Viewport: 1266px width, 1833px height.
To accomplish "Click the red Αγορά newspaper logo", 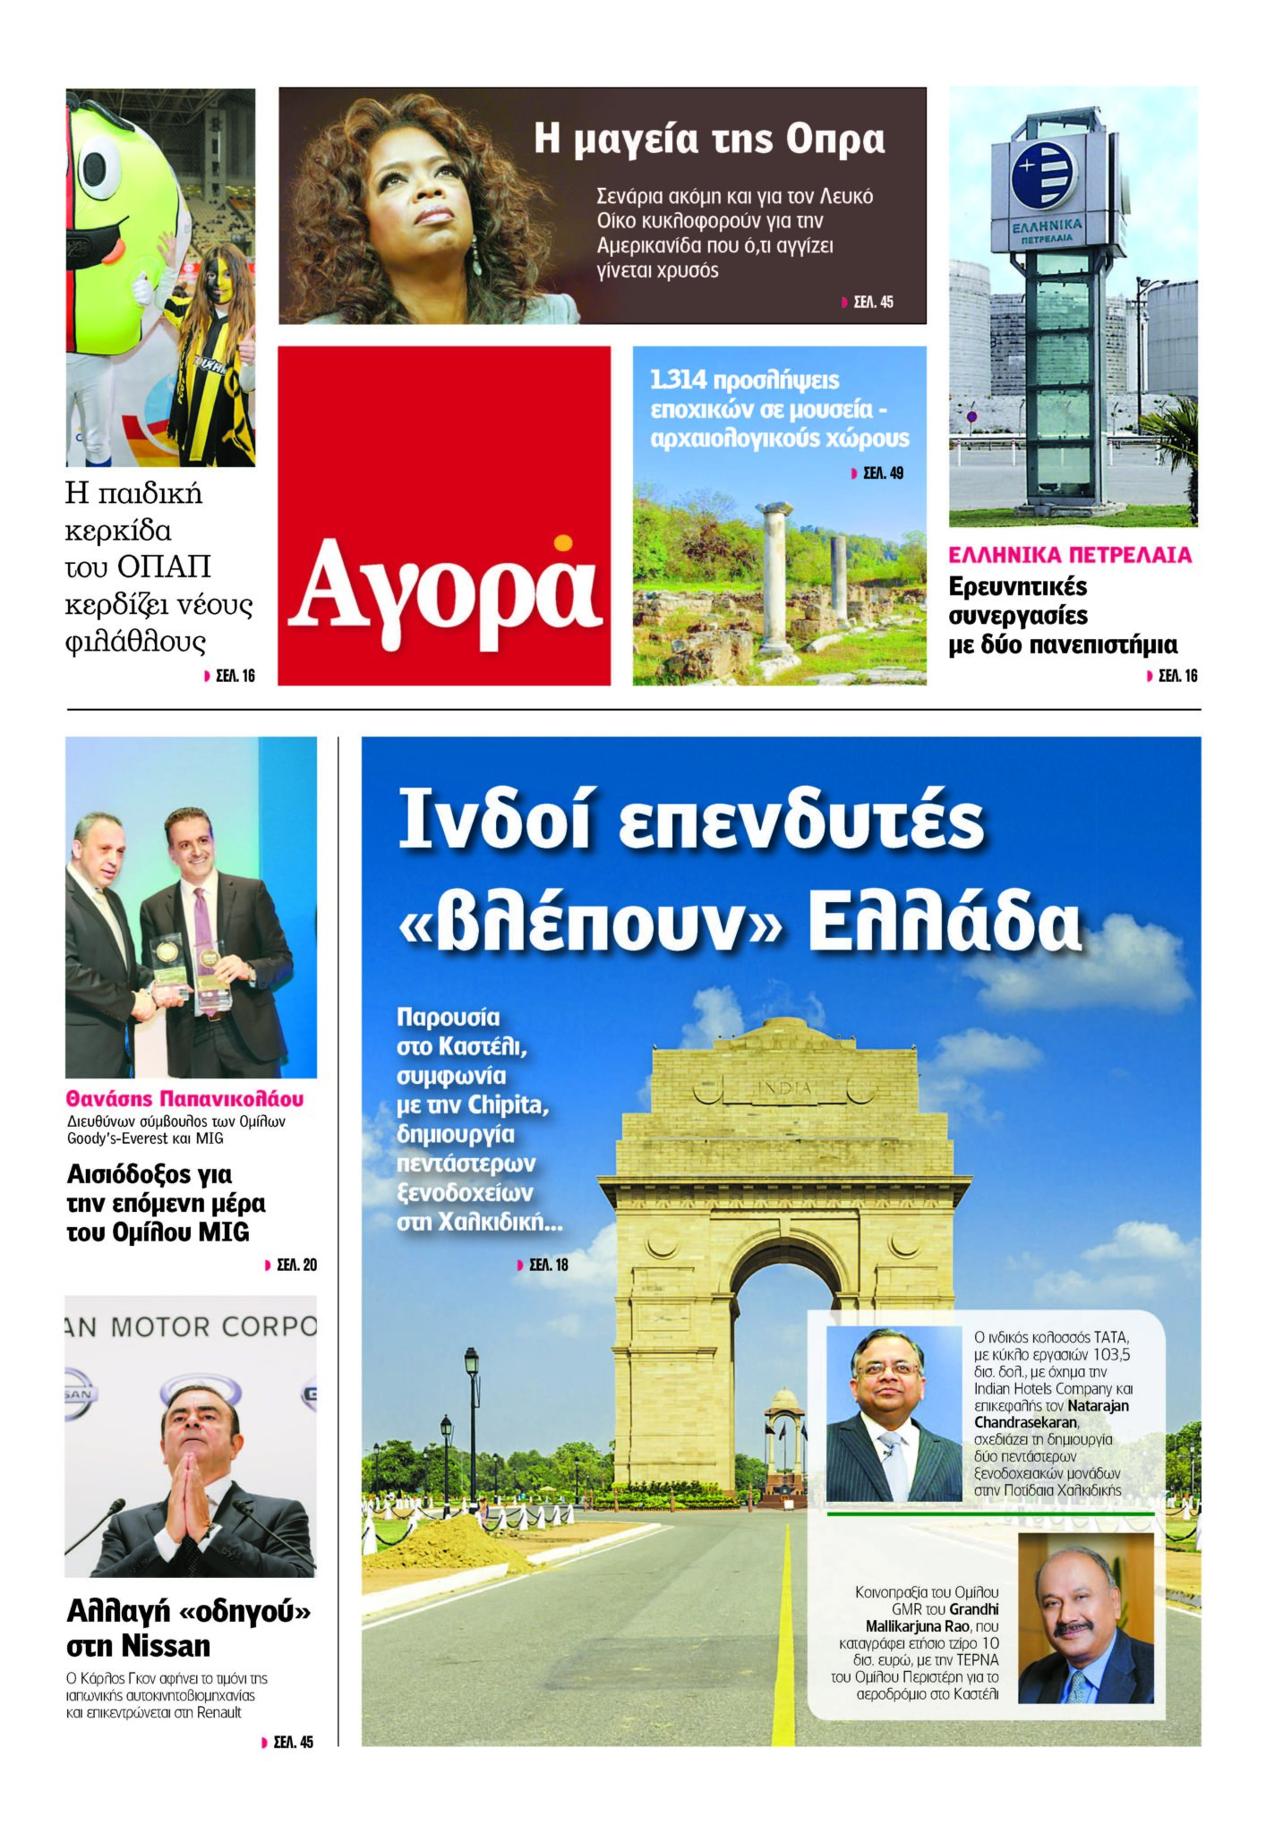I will [x=445, y=592].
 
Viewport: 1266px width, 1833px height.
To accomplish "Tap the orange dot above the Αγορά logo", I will [x=562, y=542].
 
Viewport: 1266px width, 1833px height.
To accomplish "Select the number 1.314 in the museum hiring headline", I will [x=678, y=380].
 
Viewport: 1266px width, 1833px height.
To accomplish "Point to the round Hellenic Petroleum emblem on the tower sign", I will [x=1044, y=174].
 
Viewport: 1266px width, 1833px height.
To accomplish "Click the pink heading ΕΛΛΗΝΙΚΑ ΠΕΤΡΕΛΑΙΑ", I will [x=1070, y=555].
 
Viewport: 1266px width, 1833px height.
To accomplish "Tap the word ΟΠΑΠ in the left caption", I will [x=164, y=567].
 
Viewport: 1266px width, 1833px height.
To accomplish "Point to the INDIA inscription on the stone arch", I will [x=785, y=1087].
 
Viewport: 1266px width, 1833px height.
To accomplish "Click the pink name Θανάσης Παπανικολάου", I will [x=184, y=1099].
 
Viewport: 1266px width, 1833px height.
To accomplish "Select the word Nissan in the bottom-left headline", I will [x=165, y=1645].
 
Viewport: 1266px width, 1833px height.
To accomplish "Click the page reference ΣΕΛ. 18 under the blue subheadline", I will [x=548, y=1265].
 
